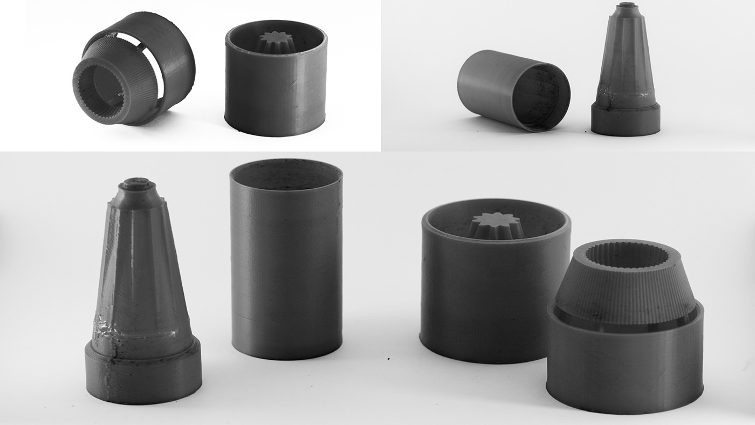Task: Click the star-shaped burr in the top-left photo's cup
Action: click(x=276, y=42)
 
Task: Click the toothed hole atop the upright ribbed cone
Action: click(x=627, y=255)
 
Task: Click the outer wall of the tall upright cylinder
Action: click(x=286, y=270)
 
